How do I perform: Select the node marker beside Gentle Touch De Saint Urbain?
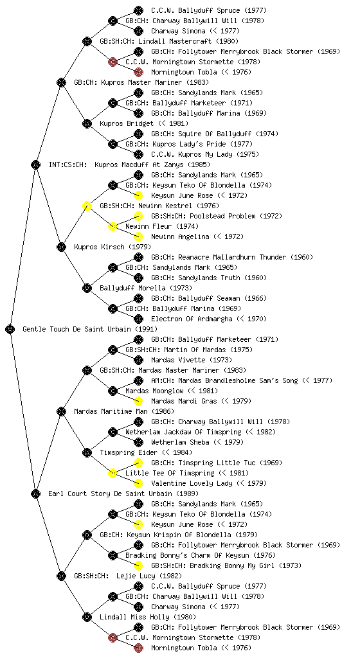(x=10, y=329)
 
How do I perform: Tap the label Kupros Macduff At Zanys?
(x=139, y=164)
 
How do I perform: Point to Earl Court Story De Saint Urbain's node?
(x=35, y=493)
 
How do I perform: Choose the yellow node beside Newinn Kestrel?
(x=87, y=206)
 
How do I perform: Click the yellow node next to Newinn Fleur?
(x=113, y=226)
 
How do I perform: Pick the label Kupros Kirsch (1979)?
(x=113, y=247)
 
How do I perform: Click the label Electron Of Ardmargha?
(x=192, y=319)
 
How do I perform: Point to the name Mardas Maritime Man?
(x=111, y=411)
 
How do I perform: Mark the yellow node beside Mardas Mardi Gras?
(x=138, y=401)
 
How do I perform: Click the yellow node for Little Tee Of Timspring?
(x=113, y=473)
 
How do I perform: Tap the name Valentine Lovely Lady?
(x=192, y=483)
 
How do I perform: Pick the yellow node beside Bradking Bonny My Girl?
(x=138, y=565)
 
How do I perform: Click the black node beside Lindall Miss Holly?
(x=87, y=617)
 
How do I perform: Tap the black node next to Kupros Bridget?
(x=87, y=123)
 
